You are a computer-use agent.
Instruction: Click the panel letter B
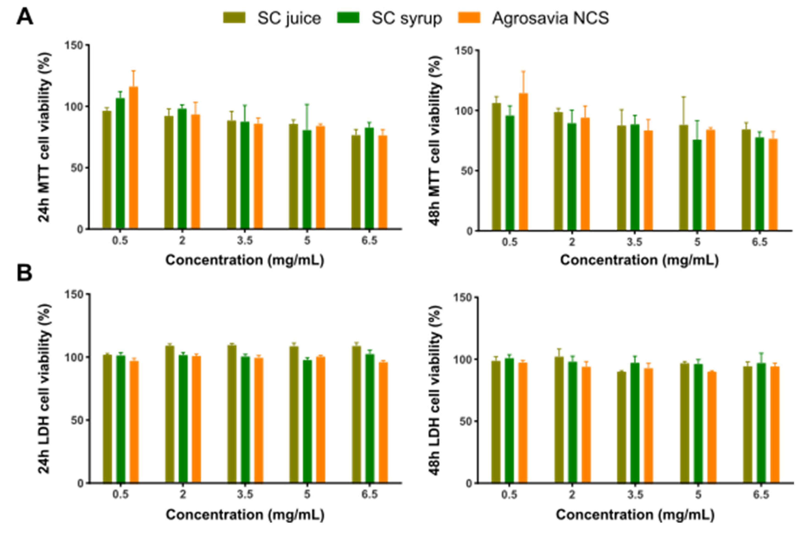point(24,273)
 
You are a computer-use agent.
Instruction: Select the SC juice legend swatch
point(234,18)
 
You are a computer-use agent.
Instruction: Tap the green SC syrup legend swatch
point(348,18)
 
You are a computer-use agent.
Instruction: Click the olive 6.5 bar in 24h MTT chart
point(356,182)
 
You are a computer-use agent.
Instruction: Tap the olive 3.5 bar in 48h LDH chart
point(621,428)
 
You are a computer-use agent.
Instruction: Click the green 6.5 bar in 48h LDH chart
point(761,423)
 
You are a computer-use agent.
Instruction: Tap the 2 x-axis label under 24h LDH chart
point(183,494)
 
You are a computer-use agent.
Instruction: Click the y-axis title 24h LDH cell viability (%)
point(44,388)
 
